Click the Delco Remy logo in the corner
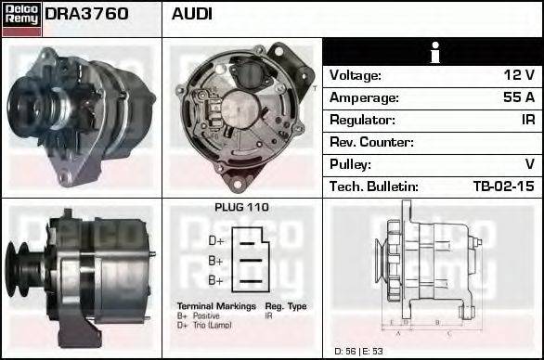[21, 18]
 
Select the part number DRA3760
[86, 14]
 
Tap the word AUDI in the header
[192, 14]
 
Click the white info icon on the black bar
[433, 52]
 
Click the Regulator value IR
[526, 120]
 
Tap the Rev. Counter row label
[371, 142]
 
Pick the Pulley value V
[529, 164]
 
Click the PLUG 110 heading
[241, 208]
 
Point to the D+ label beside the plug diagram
[215, 240]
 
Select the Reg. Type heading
[286, 306]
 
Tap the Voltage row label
[355, 75]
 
